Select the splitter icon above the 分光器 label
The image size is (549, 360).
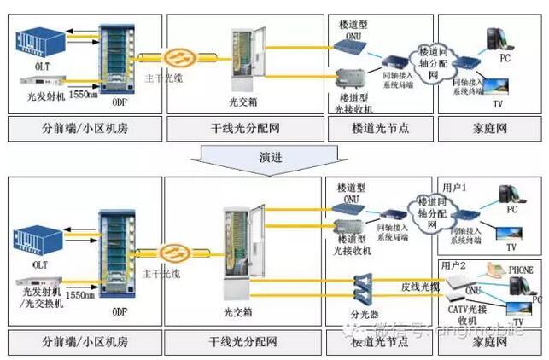(365, 288)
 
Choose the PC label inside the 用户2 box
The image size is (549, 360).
(534, 299)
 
